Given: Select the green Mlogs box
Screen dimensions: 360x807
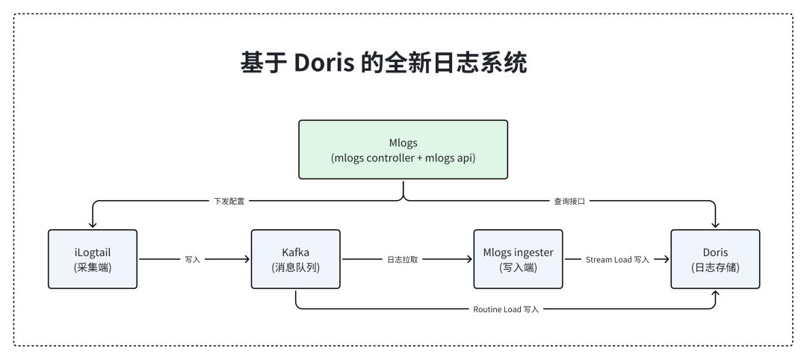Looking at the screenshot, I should (x=403, y=149).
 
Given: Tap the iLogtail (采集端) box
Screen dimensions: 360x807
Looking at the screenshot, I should (x=93, y=259).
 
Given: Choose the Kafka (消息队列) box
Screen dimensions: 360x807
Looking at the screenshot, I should (x=296, y=259).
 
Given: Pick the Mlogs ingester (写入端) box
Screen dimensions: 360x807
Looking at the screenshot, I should (x=518, y=259).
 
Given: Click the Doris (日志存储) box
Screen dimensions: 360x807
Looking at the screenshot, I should (x=715, y=259).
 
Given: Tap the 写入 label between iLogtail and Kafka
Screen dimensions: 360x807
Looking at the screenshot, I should (x=192, y=260).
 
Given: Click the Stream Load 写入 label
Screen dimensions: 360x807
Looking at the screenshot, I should (x=616, y=260).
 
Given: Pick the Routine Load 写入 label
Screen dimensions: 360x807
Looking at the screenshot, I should (x=506, y=308).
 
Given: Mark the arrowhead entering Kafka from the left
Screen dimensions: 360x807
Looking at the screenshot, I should (x=246, y=260).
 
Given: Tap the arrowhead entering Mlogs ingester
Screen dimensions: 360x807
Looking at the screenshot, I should (x=468, y=260).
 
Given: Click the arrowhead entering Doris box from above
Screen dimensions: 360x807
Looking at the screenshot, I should (x=715, y=224).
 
